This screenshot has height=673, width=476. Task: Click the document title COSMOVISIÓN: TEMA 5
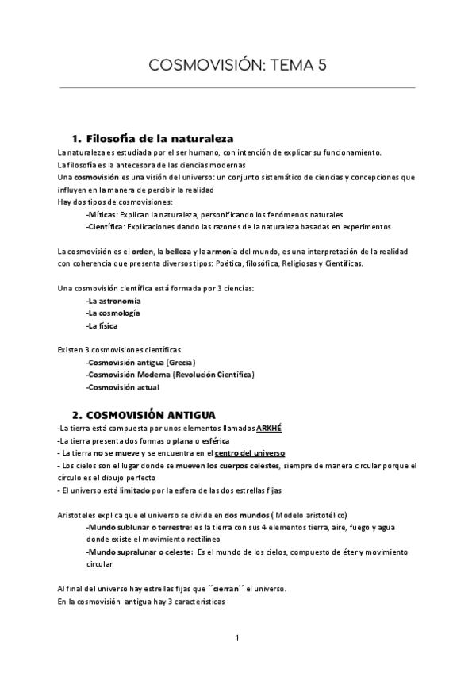pos(238,67)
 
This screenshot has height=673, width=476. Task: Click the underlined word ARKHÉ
pos(269,429)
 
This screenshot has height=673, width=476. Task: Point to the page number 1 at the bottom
pos(237,637)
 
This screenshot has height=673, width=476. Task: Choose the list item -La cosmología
pos(113,313)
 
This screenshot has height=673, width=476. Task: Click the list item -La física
pos(103,325)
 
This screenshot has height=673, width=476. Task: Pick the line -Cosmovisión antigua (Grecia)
pos(141,362)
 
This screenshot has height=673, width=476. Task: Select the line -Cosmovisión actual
pos(123,387)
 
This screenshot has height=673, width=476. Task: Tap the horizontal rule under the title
pos(238,88)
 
